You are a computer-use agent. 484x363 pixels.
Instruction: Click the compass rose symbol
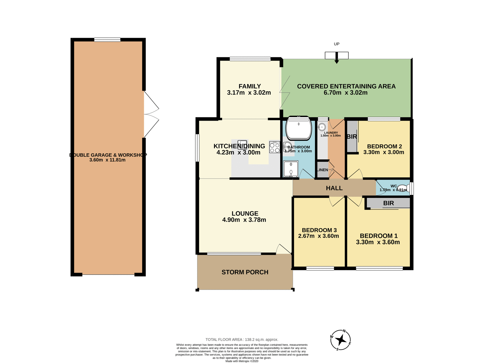click(341, 340)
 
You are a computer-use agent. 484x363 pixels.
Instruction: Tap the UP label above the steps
click(337, 44)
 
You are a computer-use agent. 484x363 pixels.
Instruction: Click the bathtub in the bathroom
click(298, 128)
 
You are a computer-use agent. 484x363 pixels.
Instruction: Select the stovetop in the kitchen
click(275, 147)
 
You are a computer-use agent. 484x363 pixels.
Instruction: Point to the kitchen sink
click(242, 145)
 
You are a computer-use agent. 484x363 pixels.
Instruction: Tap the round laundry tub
click(322, 127)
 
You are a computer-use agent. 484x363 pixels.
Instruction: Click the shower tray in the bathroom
click(291, 169)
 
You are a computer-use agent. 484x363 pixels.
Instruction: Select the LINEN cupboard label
click(322, 170)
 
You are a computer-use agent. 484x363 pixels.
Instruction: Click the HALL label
click(334, 188)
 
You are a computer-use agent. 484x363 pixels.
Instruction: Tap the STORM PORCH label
click(245, 272)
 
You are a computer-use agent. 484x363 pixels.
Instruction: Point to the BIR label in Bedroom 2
click(352, 137)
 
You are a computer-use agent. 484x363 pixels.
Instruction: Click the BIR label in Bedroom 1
click(388, 203)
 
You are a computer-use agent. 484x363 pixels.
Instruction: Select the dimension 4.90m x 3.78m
click(244, 220)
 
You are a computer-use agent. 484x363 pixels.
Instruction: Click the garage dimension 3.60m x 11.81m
click(107, 160)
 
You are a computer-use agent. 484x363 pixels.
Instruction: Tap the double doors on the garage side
click(151, 114)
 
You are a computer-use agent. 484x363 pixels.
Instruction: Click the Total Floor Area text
click(242, 340)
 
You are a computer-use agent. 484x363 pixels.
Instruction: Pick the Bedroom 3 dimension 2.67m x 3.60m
click(318, 236)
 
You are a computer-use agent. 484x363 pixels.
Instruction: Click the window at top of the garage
click(107, 40)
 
